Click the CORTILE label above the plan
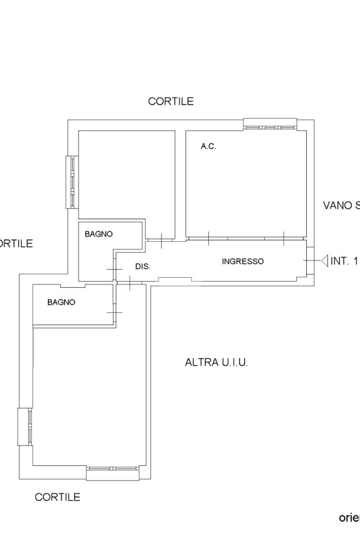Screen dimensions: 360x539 point(171,101)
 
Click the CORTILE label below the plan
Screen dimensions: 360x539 point(57,497)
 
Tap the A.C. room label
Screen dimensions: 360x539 point(208,146)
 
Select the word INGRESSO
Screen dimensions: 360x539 point(242,261)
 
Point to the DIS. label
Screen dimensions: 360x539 point(143,267)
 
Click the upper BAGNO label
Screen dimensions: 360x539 point(99,234)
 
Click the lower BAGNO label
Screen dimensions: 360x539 point(61,302)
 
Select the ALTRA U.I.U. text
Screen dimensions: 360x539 point(216,362)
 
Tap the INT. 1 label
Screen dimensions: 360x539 point(344,261)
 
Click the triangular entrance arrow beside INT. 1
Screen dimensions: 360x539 point(324,260)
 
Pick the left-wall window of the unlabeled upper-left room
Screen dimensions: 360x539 point(73,182)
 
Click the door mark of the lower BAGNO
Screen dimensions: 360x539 point(114,312)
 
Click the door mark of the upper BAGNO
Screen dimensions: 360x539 point(114,270)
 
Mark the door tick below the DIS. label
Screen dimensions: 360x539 point(130,283)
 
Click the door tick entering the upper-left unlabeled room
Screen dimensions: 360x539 point(161,240)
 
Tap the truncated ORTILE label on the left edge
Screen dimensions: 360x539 point(16,243)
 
